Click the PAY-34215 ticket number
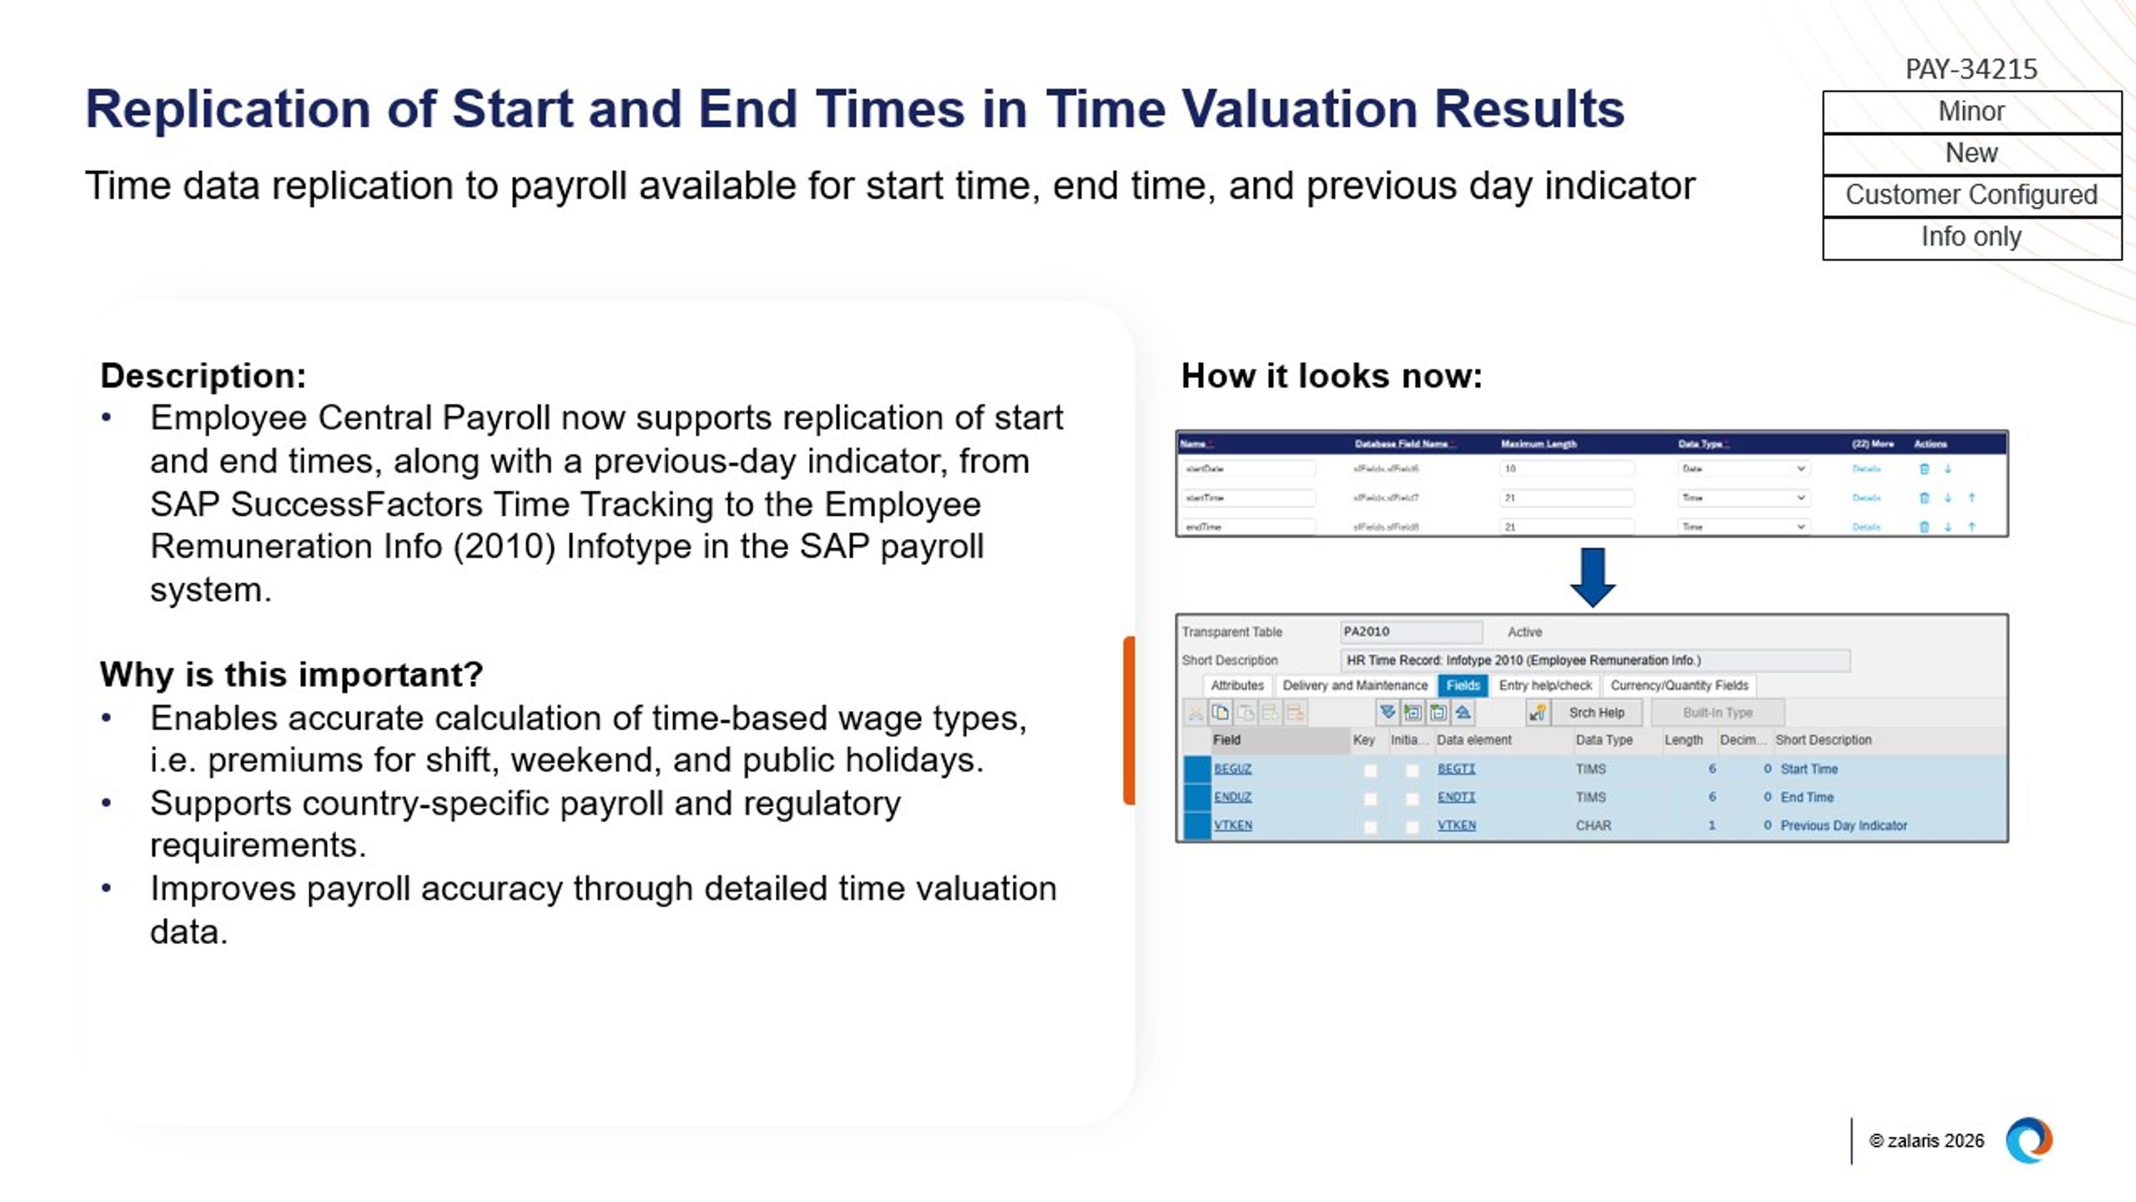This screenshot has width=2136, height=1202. [x=1970, y=69]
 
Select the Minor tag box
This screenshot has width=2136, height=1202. [x=1971, y=111]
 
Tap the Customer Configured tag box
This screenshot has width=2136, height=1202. [x=1971, y=195]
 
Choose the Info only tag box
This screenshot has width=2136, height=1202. [x=1971, y=237]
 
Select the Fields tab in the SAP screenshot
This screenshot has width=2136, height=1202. [x=1463, y=685]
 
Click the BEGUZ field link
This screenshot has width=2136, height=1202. [x=1232, y=769]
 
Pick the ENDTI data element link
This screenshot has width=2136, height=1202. [x=1456, y=797]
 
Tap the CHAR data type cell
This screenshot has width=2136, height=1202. [x=1593, y=825]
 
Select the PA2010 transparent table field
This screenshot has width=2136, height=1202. [x=1410, y=632]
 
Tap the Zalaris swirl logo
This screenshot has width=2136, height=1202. [x=2028, y=1141]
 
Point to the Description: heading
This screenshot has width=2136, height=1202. [x=203, y=376]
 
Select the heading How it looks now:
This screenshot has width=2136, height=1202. [x=1331, y=376]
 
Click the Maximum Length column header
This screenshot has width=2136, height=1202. [x=1538, y=444]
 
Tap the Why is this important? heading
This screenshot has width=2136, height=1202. [x=291, y=674]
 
